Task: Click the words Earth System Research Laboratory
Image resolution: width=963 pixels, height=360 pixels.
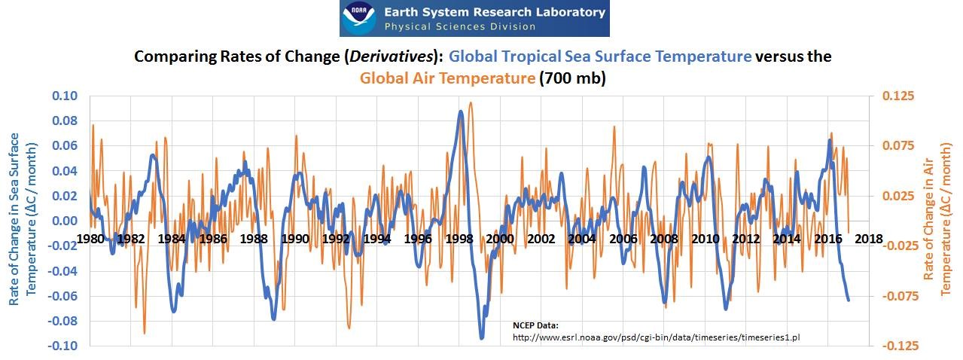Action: coord(495,12)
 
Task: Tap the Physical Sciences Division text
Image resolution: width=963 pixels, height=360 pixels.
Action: coord(460,27)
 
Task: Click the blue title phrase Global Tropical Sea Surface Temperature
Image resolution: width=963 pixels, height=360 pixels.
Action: coord(599,57)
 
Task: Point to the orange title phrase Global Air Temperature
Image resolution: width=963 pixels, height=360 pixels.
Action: coord(446,78)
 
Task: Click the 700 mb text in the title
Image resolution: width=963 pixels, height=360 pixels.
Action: coord(571,78)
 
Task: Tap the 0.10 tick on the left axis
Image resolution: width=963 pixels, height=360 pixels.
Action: coord(65,96)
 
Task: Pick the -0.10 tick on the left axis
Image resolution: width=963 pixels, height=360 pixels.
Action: coord(63,346)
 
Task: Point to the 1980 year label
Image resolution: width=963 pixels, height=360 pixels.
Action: coord(90,239)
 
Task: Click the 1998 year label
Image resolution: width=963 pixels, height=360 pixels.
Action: coord(459,239)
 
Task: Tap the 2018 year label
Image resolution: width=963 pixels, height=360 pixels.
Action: coord(869,239)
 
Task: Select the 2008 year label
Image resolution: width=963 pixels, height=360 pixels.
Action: coord(664,239)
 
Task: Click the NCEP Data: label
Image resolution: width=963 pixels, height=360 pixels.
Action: coord(535,325)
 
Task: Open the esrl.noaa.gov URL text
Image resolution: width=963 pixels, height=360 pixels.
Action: coord(656,337)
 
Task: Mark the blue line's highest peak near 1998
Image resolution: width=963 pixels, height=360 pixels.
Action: coord(460,111)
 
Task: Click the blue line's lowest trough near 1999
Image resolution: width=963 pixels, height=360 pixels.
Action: coord(482,337)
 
